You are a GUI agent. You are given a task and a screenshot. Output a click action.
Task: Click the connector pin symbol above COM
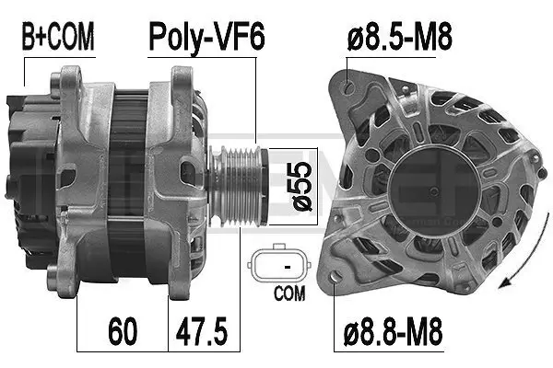pyautogui.click(x=288, y=267)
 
